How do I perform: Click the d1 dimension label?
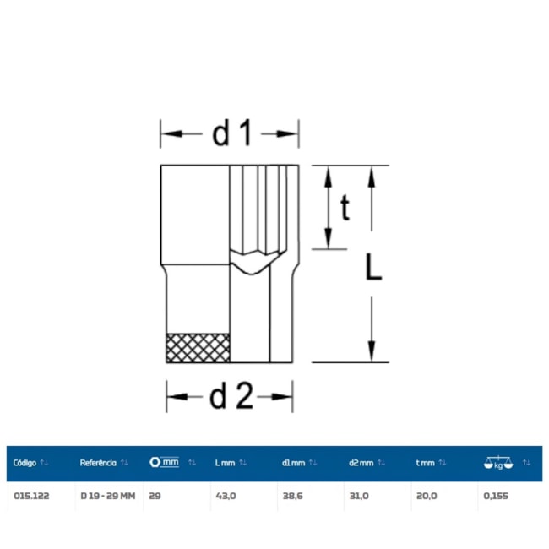pos(231,133)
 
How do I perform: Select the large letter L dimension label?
pos(373,267)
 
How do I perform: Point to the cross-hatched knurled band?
pos(198,348)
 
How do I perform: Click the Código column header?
pos(24,463)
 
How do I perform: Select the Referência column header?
pos(98,463)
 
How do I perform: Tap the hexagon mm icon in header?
pos(164,462)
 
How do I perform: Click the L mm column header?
pos(226,463)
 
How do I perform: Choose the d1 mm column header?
pos(294,463)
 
